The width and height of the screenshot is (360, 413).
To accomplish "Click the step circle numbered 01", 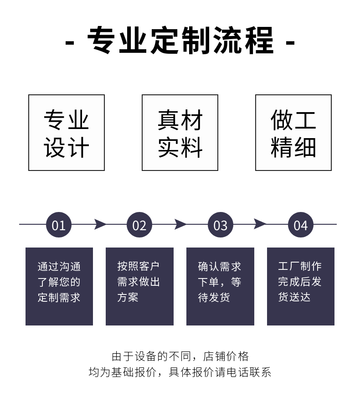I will [59, 225].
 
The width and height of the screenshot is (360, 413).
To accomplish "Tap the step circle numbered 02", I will [139, 225].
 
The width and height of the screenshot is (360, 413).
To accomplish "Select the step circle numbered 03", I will [220, 225].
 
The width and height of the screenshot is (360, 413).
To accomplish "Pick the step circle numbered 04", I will [301, 225].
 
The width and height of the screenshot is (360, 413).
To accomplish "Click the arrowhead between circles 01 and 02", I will [100, 224].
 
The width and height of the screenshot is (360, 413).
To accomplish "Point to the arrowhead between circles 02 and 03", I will [180, 224].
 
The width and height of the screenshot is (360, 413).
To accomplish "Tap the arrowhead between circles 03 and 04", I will [260, 224].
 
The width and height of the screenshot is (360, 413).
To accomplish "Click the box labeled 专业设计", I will [67, 133].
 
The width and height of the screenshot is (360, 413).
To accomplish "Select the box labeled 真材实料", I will [180, 133].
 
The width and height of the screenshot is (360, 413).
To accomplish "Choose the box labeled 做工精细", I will [293, 133].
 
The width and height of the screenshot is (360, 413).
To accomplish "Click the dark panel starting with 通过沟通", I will [59, 286].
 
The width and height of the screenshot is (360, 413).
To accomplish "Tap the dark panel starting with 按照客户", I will [139, 286].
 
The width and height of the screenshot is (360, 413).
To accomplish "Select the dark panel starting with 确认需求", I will [220, 286].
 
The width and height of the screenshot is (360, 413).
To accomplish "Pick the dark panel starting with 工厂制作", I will [301, 286].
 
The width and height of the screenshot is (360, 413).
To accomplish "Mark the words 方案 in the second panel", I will [128, 298].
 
